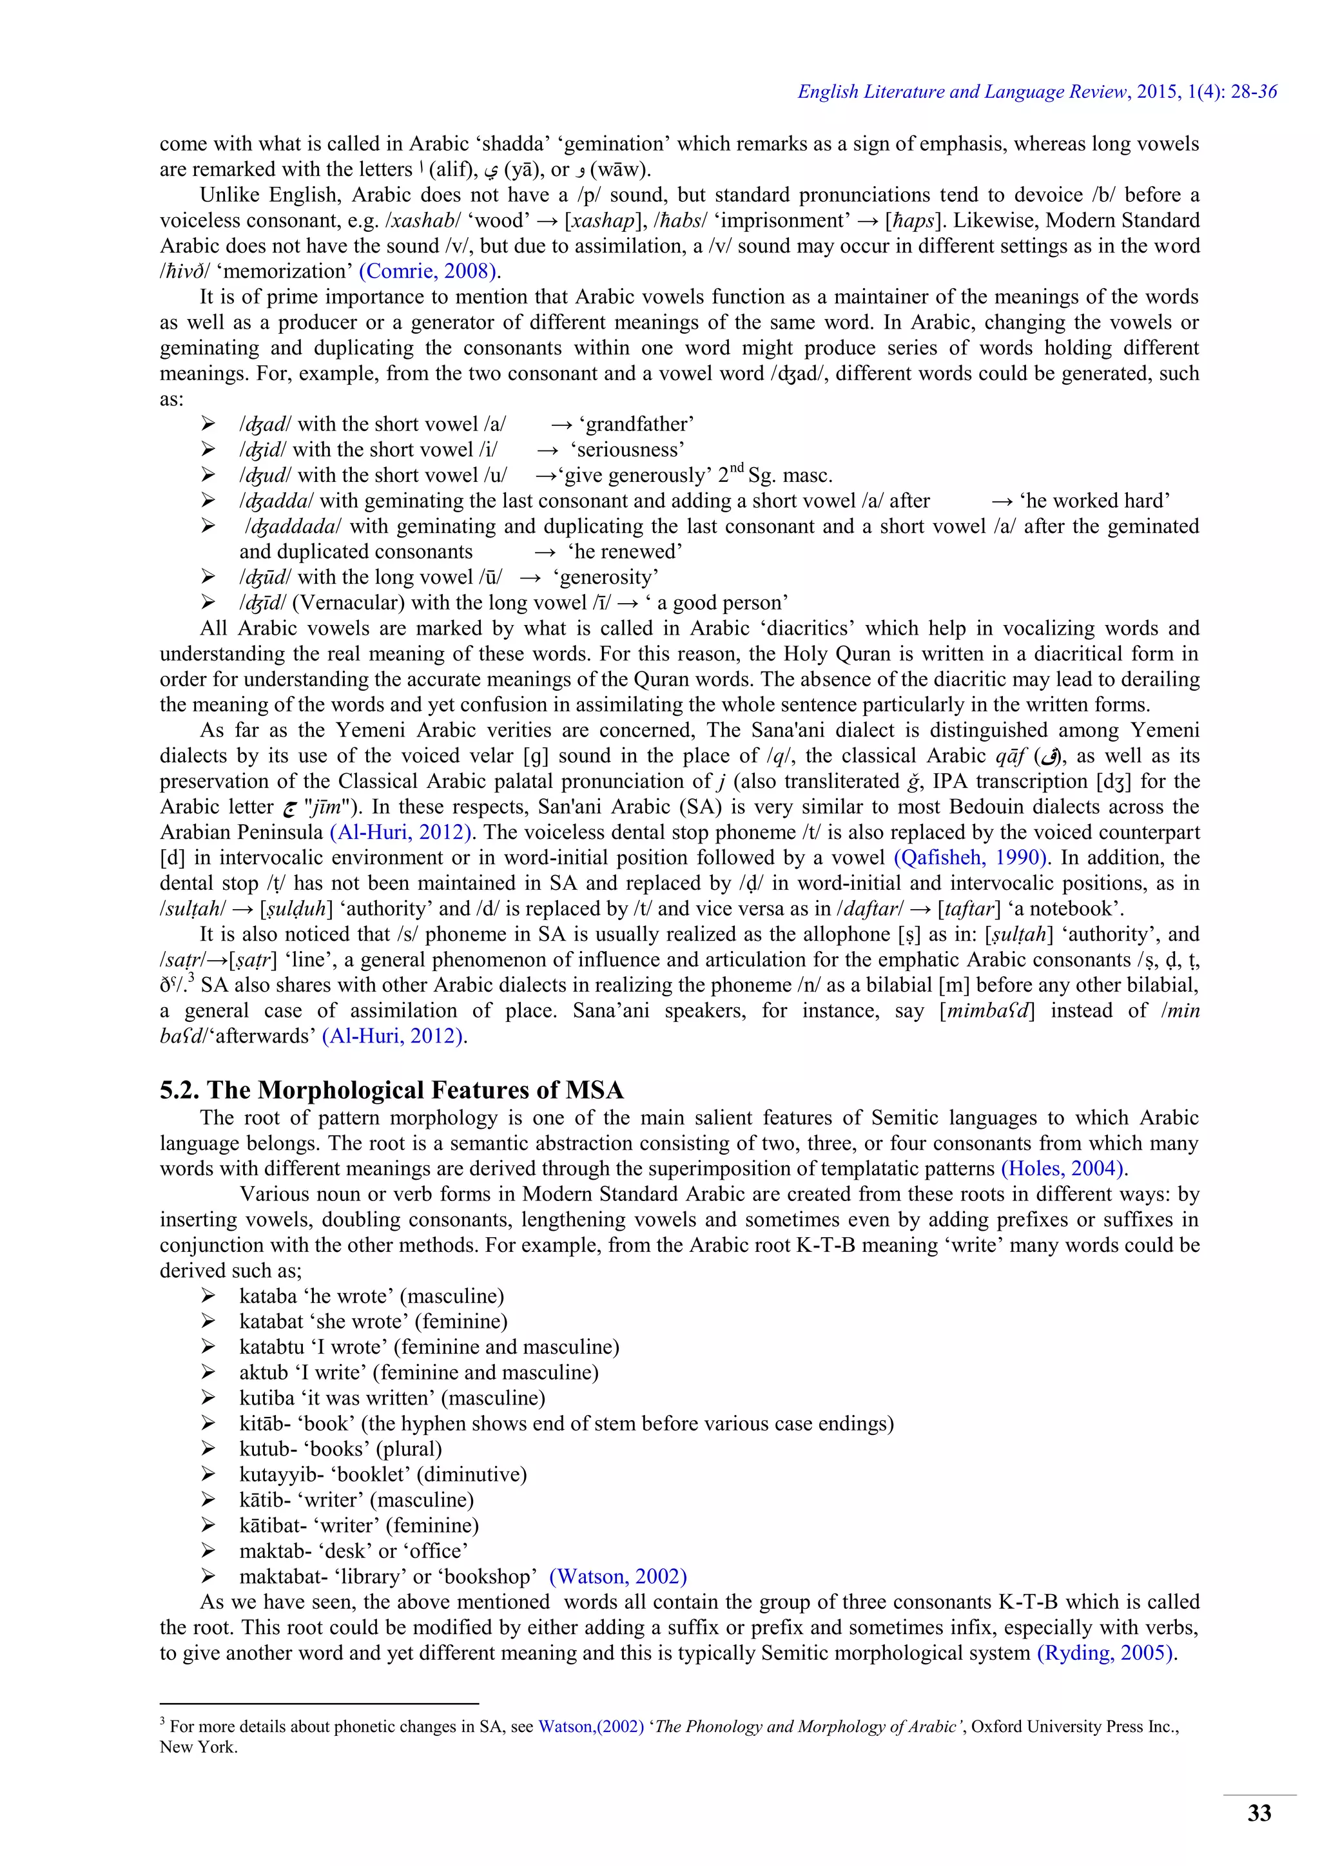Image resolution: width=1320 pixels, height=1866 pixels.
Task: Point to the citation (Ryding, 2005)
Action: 1106,1653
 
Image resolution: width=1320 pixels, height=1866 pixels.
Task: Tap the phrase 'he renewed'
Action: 625,552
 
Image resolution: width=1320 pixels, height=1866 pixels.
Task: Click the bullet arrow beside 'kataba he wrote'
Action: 208,1296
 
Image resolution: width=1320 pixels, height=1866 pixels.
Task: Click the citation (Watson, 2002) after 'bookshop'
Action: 617,1577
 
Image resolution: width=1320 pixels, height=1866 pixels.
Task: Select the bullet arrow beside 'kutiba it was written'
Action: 208,1398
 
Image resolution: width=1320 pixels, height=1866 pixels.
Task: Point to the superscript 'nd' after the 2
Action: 735,469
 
